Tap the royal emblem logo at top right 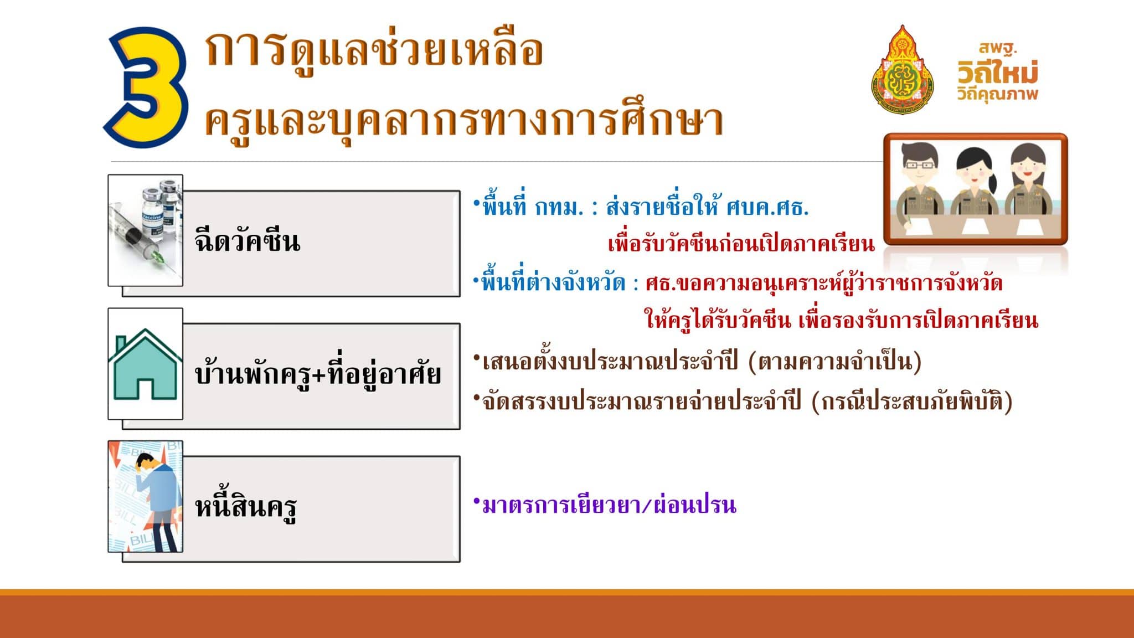click(902, 70)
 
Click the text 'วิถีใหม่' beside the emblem click(998, 73)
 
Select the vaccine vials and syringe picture click(146, 230)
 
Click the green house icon click(146, 364)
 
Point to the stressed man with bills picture click(146, 496)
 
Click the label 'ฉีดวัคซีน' click(248, 241)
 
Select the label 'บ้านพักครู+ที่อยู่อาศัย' click(318, 374)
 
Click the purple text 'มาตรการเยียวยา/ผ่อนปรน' click(609, 505)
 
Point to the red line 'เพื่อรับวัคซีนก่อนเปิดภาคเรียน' click(741, 244)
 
